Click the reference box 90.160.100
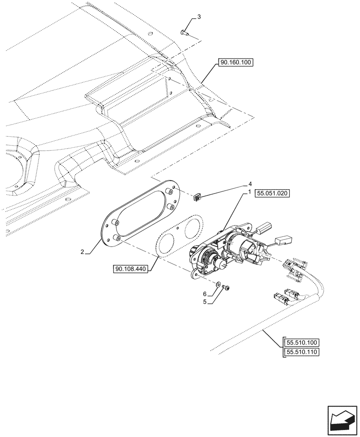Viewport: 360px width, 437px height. tap(236, 63)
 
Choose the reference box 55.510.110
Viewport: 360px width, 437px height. tap(302, 352)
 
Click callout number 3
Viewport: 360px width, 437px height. tap(199, 17)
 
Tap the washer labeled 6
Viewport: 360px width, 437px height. tap(218, 284)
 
